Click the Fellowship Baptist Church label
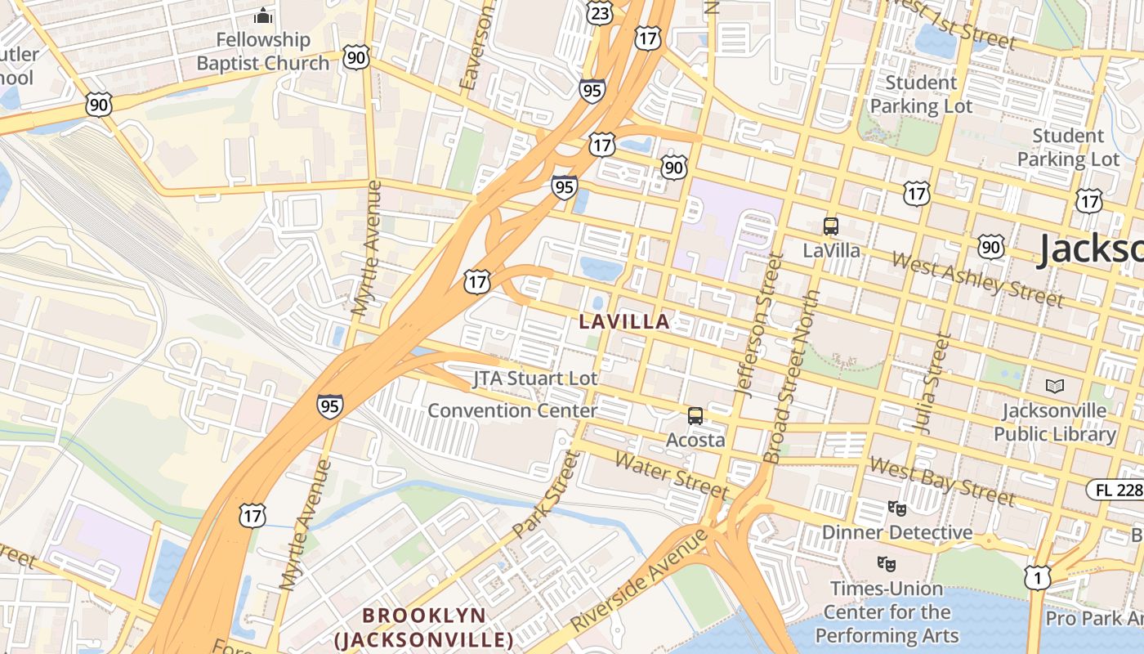click(x=263, y=52)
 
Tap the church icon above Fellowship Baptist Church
click(x=263, y=16)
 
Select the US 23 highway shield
click(x=600, y=11)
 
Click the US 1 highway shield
click(x=1037, y=578)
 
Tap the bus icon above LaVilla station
click(x=831, y=226)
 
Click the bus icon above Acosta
click(x=695, y=416)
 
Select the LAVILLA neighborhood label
click(x=625, y=321)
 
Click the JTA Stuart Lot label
click(x=535, y=379)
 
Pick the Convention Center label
click(x=512, y=410)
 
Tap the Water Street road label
click(x=671, y=475)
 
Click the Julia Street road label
click(x=932, y=383)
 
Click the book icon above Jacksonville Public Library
click(x=1055, y=386)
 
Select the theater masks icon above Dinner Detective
click(x=897, y=508)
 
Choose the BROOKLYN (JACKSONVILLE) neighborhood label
click(x=424, y=626)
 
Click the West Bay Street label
click(x=942, y=481)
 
